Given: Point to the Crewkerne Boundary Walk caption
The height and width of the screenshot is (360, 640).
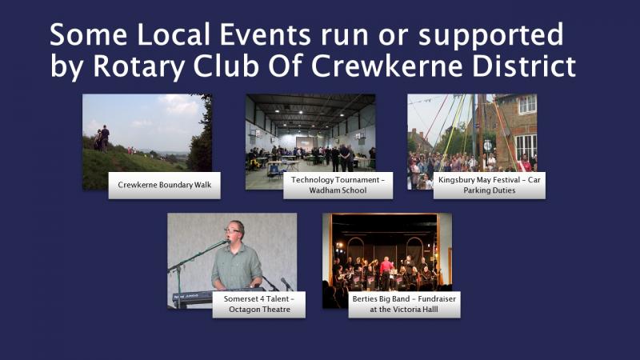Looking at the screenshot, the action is [x=165, y=186].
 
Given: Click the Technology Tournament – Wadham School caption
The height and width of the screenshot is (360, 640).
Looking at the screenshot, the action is [x=338, y=186].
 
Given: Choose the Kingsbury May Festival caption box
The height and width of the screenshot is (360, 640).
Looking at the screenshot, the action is [x=490, y=186].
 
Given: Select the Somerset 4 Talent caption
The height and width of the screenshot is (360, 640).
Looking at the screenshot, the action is [x=258, y=305].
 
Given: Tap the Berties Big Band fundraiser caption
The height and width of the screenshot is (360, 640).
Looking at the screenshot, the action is [x=404, y=305].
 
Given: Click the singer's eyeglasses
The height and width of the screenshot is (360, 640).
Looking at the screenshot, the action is [x=232, y=230].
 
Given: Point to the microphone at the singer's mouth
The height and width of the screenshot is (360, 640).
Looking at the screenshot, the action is [x=226, y=242].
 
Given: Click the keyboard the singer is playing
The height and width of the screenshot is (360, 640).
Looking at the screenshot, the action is [x=193, y=297].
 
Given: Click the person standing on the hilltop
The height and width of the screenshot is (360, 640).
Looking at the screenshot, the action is [x=105, y=138].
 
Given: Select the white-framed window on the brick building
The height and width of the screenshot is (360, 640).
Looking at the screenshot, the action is [x=527, y=104].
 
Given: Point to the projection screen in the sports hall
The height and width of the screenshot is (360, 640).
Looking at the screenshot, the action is [x=306, y=142].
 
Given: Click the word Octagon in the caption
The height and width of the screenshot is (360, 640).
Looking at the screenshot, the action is [x=244, y=310].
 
